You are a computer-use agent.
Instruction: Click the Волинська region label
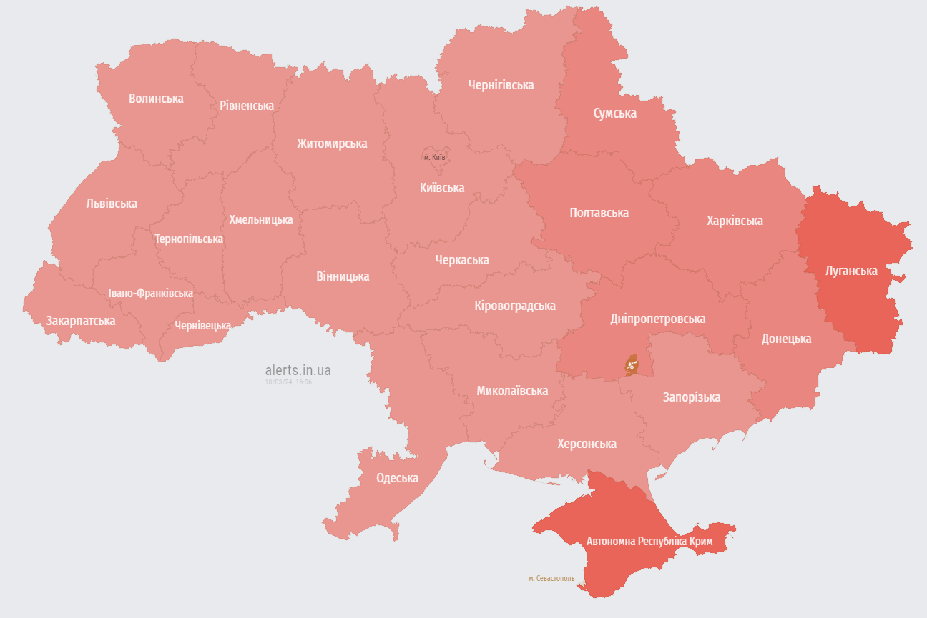coord(156,99)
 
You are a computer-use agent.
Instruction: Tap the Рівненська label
coord(247,106)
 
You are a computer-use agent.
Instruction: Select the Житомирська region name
coord(332,144)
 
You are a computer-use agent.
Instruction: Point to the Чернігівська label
coord(501,85)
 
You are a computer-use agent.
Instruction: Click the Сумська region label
coord(614,114)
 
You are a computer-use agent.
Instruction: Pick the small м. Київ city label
coord(434,157)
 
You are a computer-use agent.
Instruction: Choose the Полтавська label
coord(599,213)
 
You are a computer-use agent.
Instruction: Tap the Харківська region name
coord(735,221)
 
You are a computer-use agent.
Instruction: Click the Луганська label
coord(851,271)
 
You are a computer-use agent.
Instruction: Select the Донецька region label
coord(786,339)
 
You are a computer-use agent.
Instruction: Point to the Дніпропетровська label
coord(657,319)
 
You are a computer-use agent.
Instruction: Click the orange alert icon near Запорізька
coord(632,364)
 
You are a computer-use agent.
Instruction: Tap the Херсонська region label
coord(587,444)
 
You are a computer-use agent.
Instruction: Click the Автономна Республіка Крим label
coord(649,542)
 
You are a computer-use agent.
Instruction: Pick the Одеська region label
coord(397,478)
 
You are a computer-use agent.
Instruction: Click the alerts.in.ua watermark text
coord(298,370)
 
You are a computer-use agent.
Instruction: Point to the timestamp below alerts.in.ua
coord(288,382)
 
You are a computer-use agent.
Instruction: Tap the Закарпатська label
coord(81,321)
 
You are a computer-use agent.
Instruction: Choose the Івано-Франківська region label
coord(150,294)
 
